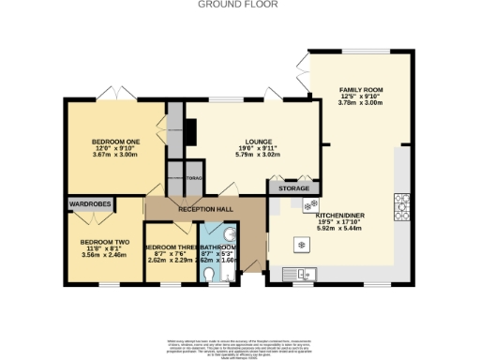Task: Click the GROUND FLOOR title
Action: (x=239, y=5)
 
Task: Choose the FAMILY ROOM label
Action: (x=361, y=89)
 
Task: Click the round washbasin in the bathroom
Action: (x=231, y=234)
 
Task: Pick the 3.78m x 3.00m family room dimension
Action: (x=361, y=103)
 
